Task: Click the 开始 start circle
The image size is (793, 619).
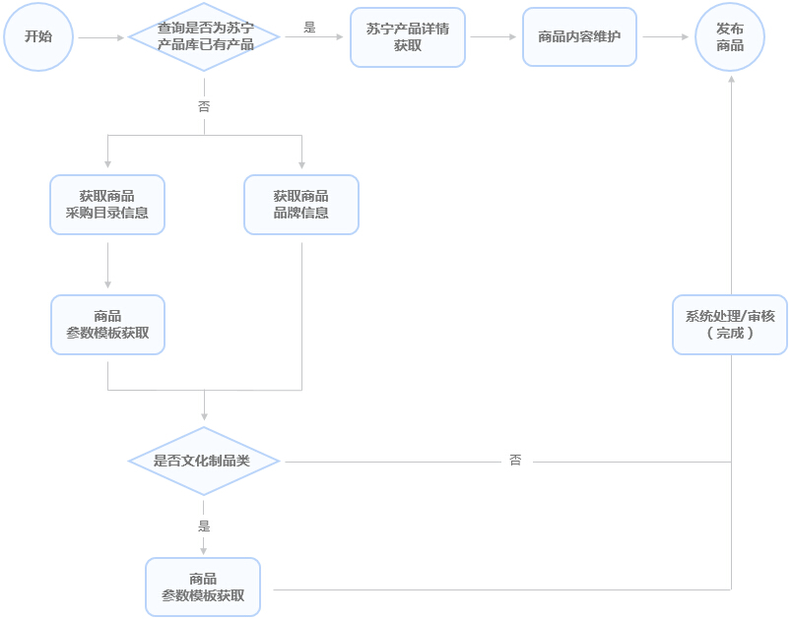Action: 38,37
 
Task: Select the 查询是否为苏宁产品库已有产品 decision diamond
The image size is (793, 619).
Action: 205,37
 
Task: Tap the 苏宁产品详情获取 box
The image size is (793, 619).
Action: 407,37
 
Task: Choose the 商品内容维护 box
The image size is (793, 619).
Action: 579,37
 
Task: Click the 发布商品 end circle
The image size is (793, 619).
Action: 730,37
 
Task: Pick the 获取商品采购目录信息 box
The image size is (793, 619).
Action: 107,205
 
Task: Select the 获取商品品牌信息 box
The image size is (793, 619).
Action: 301,205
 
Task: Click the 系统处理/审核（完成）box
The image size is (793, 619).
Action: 730,325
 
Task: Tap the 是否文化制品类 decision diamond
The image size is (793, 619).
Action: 204,461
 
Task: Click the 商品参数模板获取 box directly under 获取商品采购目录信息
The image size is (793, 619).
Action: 107,325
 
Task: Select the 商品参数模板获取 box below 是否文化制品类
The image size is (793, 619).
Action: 203,588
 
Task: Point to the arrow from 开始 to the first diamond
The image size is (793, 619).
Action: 101,37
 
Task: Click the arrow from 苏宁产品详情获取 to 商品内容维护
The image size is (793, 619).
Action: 494,37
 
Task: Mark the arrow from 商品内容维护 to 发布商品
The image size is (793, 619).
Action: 665,37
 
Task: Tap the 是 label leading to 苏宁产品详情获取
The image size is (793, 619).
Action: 310,28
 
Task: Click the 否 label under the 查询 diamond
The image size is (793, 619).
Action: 204,106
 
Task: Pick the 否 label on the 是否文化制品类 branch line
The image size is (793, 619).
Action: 515,461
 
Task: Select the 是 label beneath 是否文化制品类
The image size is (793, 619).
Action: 204,526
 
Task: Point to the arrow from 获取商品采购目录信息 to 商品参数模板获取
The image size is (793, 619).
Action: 107,264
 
